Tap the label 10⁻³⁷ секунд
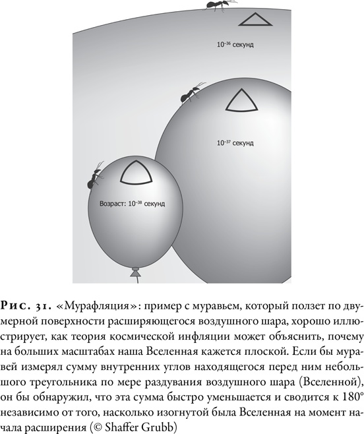235,142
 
